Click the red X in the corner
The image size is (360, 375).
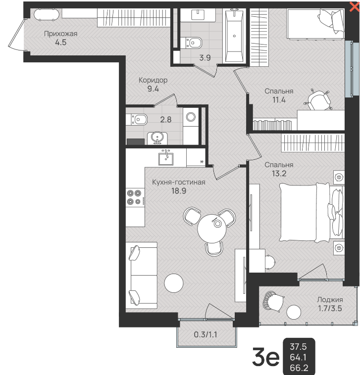(x=355, y=7)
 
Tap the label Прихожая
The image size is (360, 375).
(x=60, y=34)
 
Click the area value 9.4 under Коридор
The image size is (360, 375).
(x=153, y=89)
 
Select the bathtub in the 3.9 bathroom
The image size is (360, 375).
(x=234, y=36)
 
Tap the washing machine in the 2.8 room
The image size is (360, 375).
(x=191, y=117)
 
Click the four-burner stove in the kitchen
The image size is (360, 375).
(x=135, y=197)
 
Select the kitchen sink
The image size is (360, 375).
(x=166, y=157)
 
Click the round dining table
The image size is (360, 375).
(x=211, y=229)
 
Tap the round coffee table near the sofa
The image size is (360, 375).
(x=173, y=283)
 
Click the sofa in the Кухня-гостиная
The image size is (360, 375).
(x=142, y=276)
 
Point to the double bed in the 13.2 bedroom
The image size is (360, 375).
(x=311, y=212)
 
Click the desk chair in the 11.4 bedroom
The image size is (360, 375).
(x=318, y=100)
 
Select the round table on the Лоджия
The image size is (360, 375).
(x=294, y=312)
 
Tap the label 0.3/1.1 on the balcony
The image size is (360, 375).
(x=206, y=334)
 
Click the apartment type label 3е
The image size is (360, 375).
(x=266, y=357)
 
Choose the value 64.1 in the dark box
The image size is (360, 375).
(x=298, y=357)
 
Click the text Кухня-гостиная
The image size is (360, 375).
(x=179, y=182)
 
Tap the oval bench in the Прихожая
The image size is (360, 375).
(x=47, y=14)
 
